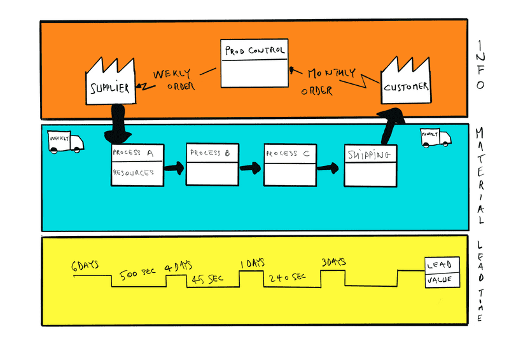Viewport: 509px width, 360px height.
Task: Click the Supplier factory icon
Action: point(111,83)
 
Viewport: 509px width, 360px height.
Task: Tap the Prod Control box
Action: point(253,64)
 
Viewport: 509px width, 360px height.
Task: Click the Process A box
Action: point(137,165)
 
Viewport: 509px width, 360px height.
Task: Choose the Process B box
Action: point(213,164)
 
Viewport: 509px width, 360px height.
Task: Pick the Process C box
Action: point(290,165)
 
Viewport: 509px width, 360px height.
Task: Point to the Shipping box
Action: point(370,166)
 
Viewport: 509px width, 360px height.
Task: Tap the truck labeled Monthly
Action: point(435,138)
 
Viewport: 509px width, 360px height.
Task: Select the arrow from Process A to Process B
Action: point(174,169)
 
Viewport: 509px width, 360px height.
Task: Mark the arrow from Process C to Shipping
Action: point(329,168)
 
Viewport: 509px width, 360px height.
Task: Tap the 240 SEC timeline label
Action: point(288,277)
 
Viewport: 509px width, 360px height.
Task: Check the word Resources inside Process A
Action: point(133,172)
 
